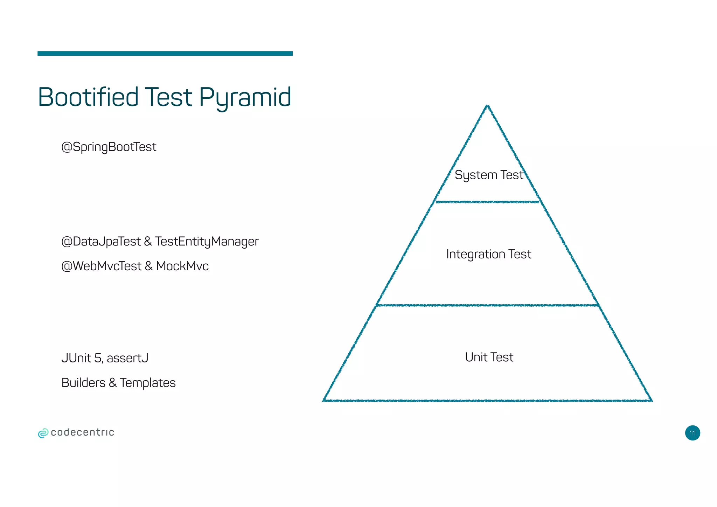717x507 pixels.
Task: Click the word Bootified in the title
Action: (x=88, y=97)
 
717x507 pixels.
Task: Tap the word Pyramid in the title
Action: (x=245, y=98)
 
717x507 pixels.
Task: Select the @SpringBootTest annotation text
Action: (x=109, y=147)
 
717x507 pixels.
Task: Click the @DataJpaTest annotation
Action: (x=101, y=242)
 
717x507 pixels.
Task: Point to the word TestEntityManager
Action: (x=207, y=242)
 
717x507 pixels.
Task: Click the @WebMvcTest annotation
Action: (x=101, y=266)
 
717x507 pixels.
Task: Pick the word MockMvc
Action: (x=182, y=266)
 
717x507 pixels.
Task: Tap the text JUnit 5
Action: (x=82, y=358)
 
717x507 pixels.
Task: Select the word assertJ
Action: (x=127, y=358)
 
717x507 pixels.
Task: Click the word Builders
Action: (x=83, y=383)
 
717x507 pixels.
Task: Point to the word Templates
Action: (x=147, y=383)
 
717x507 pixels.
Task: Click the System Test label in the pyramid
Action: (x=489, y=175)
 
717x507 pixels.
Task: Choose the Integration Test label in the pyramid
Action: (x=488, y=254)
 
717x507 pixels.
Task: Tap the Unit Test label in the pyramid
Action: (x=489, y=357)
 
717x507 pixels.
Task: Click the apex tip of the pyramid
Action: (x=487, y=106)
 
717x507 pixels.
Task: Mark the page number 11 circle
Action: (x=692, y=433)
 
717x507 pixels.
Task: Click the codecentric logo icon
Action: (x=43, y=433)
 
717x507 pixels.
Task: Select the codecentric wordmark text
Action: (x=83, y=433)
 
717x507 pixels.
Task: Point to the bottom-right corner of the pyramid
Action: (x=651, y=401)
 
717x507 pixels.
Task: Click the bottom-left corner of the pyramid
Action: (x=323, y=401)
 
